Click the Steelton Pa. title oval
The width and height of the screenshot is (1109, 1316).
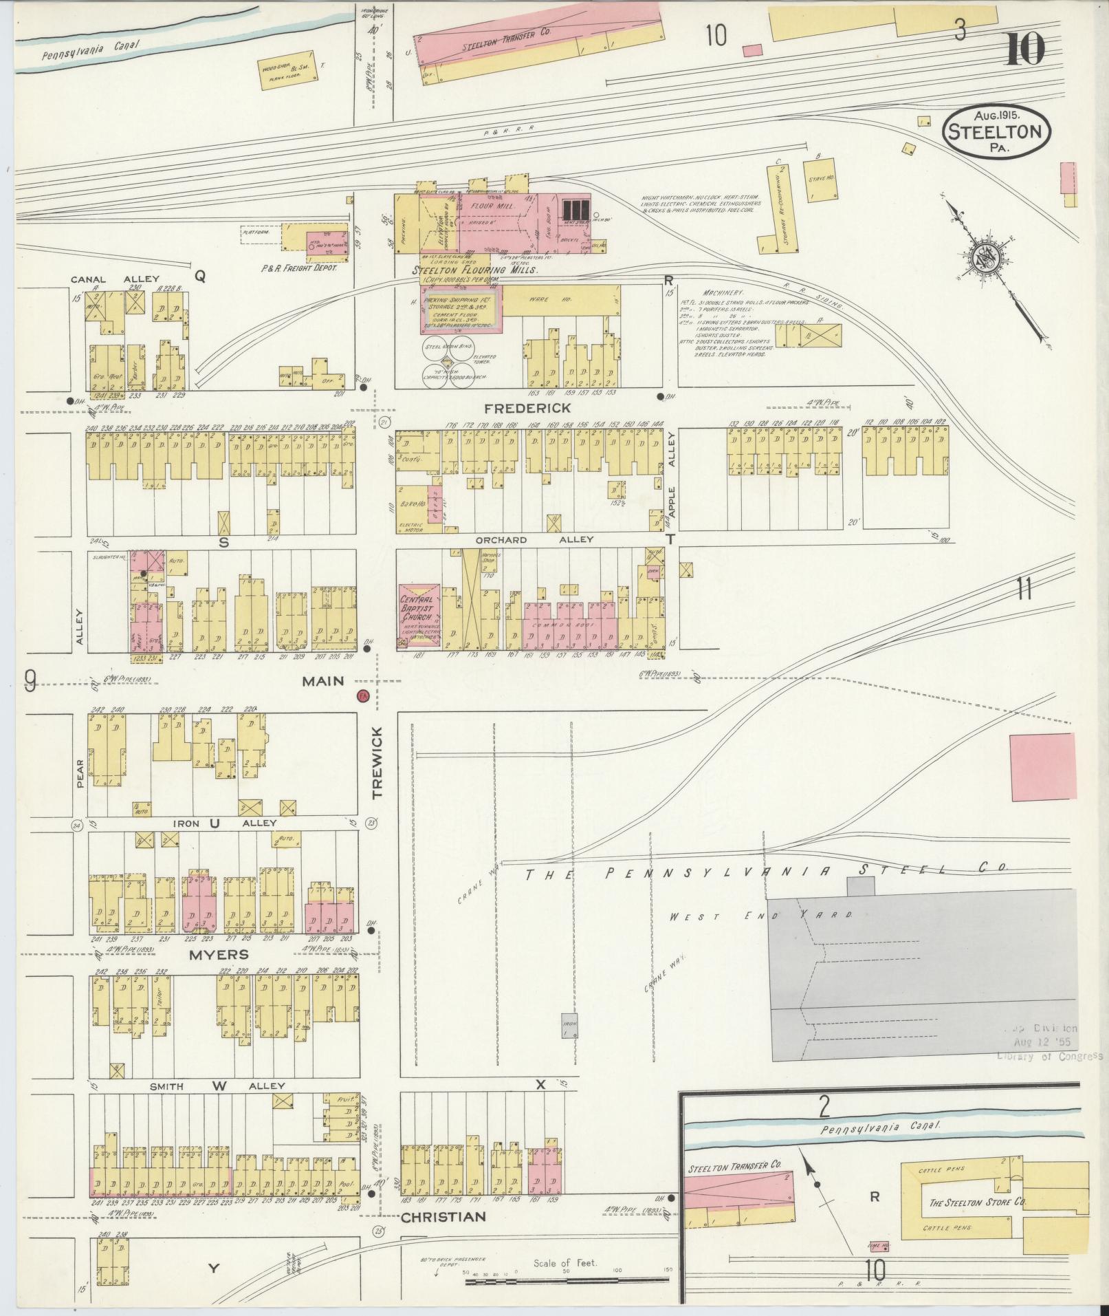pyautogui.click(x=996, y=131)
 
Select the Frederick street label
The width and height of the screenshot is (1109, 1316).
pyautogui.click(x=537, y=408)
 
